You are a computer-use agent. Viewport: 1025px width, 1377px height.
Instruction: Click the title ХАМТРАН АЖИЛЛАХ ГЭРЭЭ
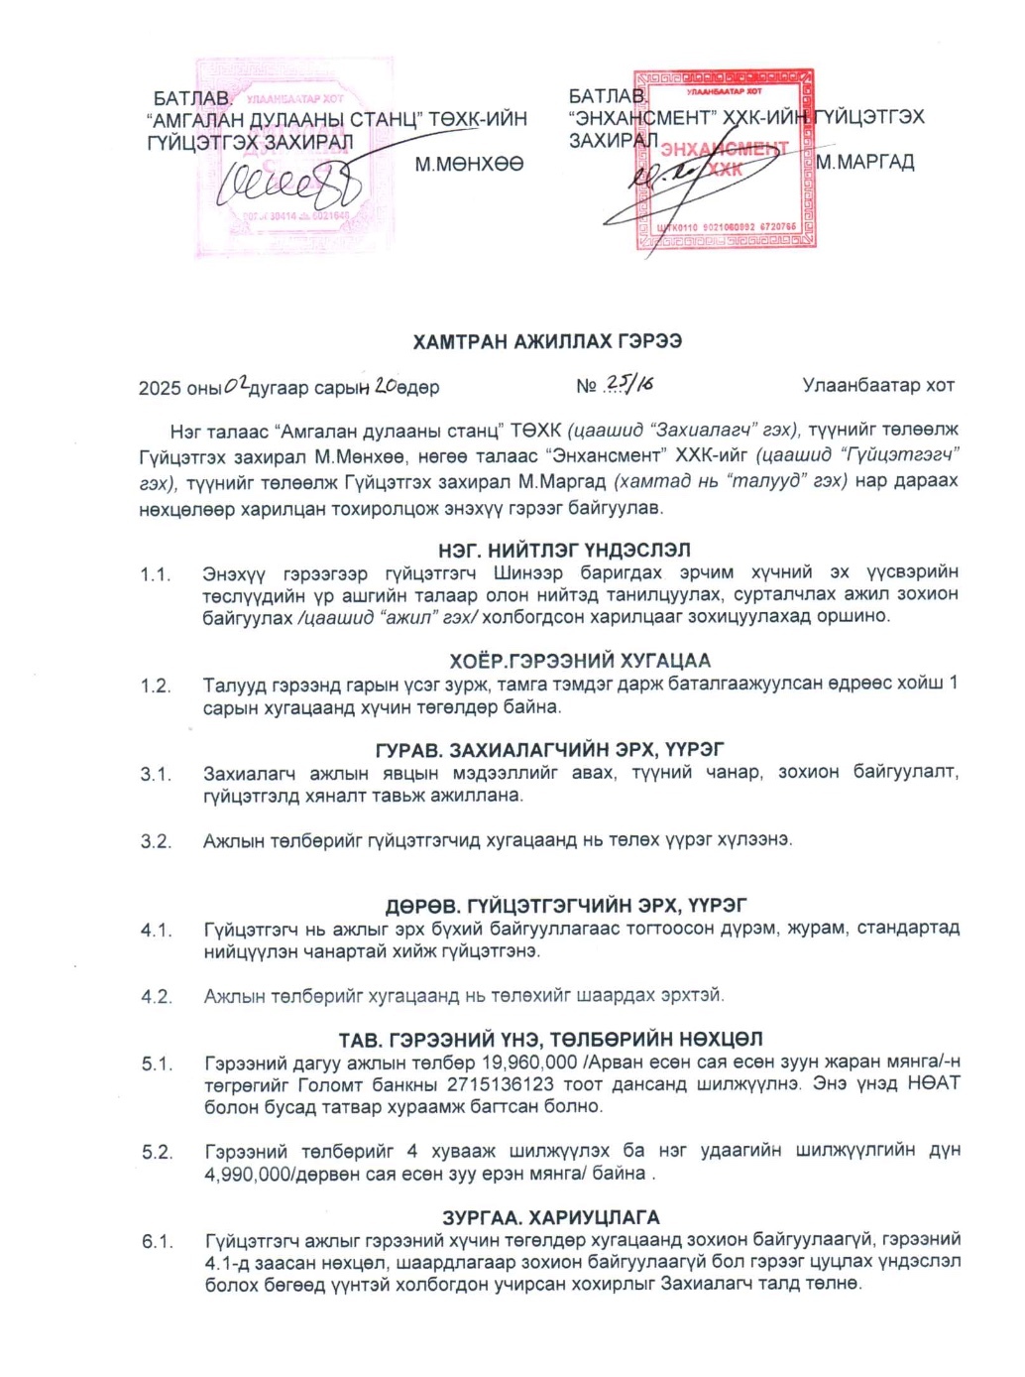click(547, 341)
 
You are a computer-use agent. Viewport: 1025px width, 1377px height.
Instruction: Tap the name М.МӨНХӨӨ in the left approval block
click(469, 164)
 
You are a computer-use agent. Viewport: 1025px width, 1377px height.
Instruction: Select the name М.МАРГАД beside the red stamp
click(865, 162)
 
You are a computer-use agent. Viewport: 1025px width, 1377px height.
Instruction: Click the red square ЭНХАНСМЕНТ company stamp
click(724, 159)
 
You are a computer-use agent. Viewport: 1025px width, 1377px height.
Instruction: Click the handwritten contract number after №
click(629, 385)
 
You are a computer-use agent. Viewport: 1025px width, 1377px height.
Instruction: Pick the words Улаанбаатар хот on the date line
click(878, 385)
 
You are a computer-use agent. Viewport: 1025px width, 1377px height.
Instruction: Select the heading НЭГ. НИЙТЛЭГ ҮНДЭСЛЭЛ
click(564, 550)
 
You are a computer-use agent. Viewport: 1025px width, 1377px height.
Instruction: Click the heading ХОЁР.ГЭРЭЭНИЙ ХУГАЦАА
click(580, 661)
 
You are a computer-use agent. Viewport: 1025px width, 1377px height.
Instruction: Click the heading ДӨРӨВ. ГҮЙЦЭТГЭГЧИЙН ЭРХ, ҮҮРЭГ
click(566, 905)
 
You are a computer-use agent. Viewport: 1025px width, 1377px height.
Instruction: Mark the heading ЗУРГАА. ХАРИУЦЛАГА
click(551, 1217)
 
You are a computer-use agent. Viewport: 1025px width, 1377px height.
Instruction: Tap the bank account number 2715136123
click(503, 1083)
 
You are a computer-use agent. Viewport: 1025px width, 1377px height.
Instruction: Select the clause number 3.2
click(156, 841)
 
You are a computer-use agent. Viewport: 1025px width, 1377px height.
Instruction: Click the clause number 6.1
click(157, 1241)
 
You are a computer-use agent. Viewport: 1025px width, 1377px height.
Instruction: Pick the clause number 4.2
click(157, 996)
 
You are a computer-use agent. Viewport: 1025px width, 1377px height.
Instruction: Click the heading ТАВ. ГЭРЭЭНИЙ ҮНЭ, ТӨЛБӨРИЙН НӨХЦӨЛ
click(550, 1040)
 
